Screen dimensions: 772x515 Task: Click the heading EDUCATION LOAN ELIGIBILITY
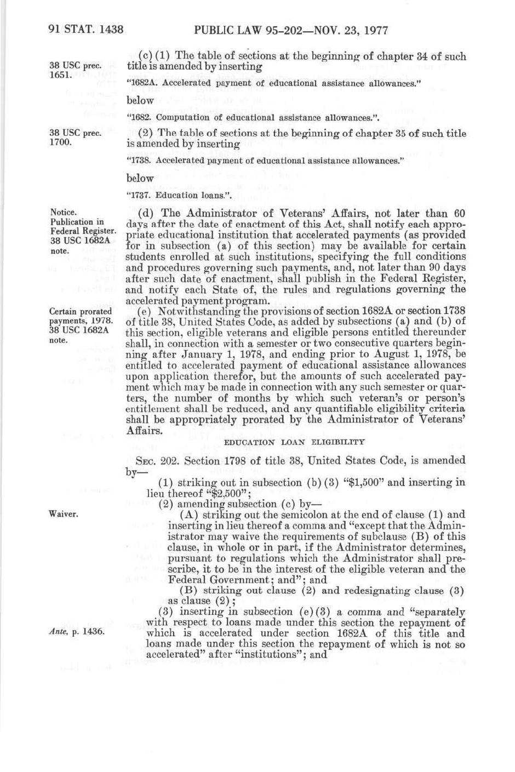coord(294,442)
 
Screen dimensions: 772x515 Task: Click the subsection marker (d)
coord(146,213)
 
